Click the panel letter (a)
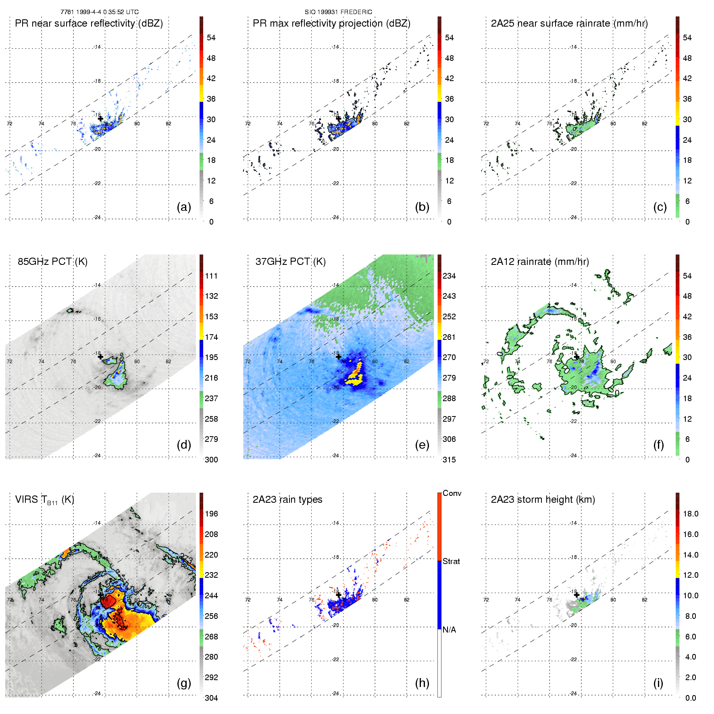(184, 207)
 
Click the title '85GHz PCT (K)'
(52, 262)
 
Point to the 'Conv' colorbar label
(452, 493)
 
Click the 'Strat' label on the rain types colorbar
(451, 562)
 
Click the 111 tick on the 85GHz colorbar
(211, 276)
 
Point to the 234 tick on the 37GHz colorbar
(449, 276)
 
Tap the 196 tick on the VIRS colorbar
(211, 514)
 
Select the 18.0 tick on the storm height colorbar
(691, 514)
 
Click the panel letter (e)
(422, 445)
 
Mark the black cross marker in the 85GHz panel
(100, 357)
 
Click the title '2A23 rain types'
(287, 500)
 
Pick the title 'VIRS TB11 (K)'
(44, 500)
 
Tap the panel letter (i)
(658, 683)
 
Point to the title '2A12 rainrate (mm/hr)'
(540, 262)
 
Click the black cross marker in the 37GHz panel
(338, 357)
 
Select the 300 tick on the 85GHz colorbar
(211, 460)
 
